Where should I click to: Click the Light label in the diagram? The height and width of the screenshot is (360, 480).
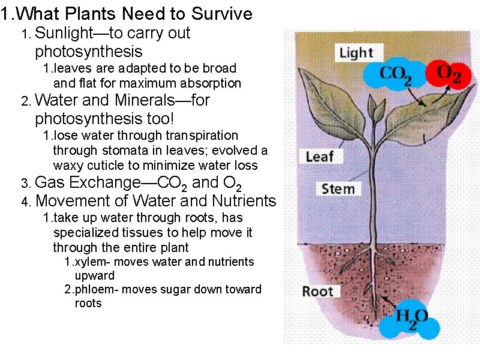pos(356,53)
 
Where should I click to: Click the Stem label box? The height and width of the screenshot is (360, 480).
pos(338,189)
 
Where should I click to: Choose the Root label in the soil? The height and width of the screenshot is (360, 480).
pos(317,292)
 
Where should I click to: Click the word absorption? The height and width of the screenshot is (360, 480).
pos(212,83)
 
